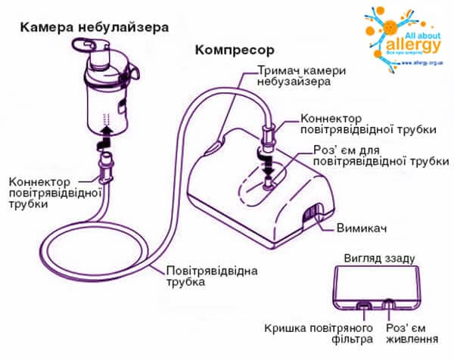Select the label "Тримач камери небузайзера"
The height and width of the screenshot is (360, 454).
[x=301, y=76]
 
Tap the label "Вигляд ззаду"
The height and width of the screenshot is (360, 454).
[x=380, y=258]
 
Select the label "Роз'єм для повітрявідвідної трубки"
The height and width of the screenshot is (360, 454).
[x=381, y=156]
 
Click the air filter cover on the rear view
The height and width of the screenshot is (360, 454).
[x=365, y=307]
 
